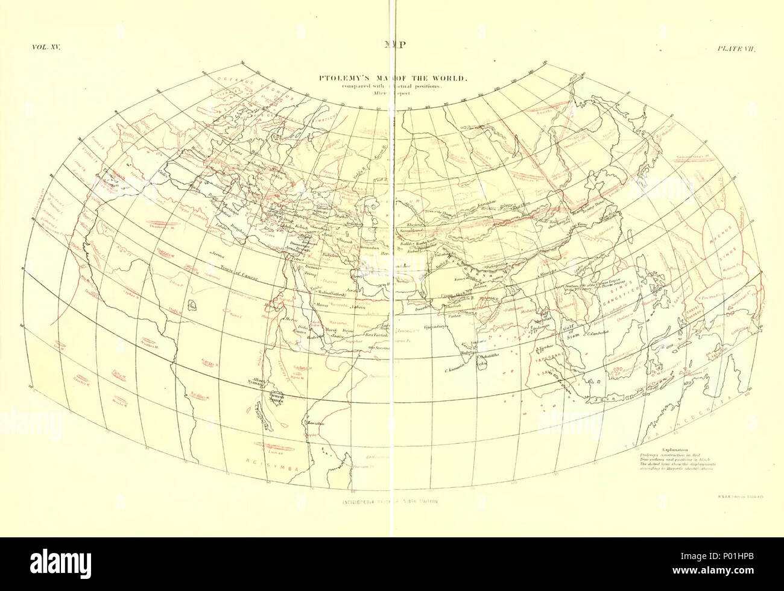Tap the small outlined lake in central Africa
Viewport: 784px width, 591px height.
pyautogui.click(x=193, y=306)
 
